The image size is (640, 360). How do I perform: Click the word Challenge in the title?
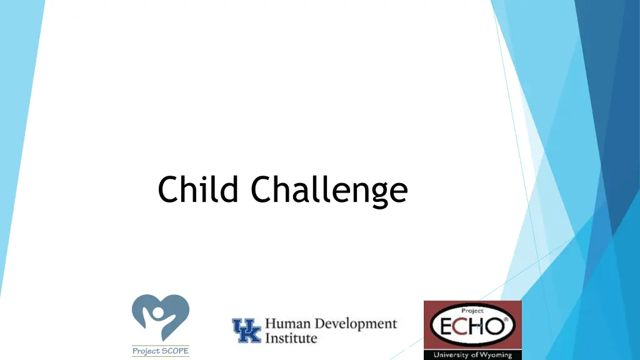pos(329,189)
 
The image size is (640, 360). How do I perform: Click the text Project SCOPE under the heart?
pos(160,351)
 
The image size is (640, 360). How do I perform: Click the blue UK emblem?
pos(247,331)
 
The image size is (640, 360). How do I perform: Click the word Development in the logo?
pos(356,324)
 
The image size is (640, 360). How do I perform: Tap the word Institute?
pos(291,338)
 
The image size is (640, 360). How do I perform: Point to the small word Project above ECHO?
pos(472,310)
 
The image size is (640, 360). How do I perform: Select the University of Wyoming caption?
pos(472,355)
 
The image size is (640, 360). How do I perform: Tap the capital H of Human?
pos(271,324)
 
